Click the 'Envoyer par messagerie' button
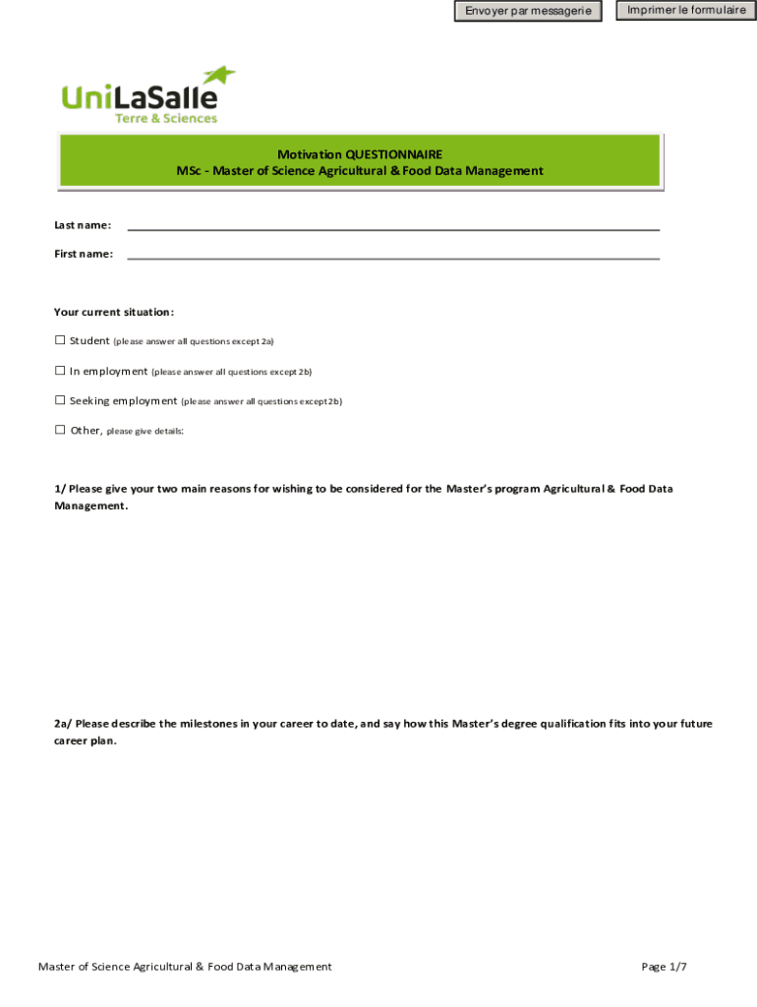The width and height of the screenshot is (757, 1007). point(528,12)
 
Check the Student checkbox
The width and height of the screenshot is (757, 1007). point(60,340)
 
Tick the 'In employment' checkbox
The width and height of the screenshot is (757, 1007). point(60,371)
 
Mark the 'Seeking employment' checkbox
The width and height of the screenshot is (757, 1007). point(60,400)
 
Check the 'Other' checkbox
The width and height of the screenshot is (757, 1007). point(60,430)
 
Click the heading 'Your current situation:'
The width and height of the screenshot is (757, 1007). point(114,313)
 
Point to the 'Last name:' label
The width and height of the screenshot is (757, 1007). point(83,225)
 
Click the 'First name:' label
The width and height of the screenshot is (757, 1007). point(84,255)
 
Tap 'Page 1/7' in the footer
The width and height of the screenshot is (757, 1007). point(664,967)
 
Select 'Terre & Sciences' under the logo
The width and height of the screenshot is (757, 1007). point(166,119)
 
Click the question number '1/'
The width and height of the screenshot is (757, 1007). point(59,489)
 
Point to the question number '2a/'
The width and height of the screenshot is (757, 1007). point(63,724)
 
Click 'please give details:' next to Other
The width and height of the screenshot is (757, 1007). point(145,431)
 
